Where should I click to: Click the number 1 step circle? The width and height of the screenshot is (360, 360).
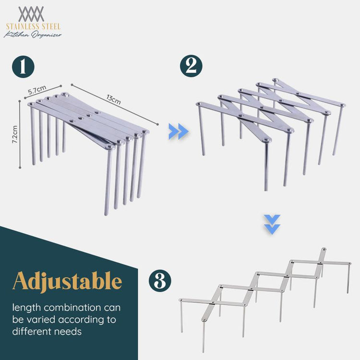[23, 66]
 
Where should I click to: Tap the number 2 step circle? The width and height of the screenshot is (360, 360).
[191, 66]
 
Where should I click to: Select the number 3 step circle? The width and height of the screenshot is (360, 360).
[160, 281]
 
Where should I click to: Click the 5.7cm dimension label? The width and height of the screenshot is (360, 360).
[37, 90]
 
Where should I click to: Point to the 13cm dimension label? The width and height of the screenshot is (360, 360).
[113, 99]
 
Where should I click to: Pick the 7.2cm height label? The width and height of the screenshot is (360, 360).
[15, 134]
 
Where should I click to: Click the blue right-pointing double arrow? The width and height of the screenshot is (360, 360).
[179, 132]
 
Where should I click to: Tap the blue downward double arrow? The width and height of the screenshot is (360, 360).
[272, 225]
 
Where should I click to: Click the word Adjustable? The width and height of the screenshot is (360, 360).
[67, 282]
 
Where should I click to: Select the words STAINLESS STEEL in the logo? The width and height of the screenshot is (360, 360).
[33, 26]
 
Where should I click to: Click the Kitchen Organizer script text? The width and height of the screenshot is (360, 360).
[33, 35]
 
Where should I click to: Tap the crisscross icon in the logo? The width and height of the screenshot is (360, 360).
[31, 14]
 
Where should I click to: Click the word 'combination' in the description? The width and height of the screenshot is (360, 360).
[72, 308]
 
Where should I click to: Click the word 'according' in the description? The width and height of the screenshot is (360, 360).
[82, 320]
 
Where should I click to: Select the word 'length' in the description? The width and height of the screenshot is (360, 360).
[26, 308]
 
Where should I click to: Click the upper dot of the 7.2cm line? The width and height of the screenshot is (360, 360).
[20, 101]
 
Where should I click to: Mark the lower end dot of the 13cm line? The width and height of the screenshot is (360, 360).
[157, 124]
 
